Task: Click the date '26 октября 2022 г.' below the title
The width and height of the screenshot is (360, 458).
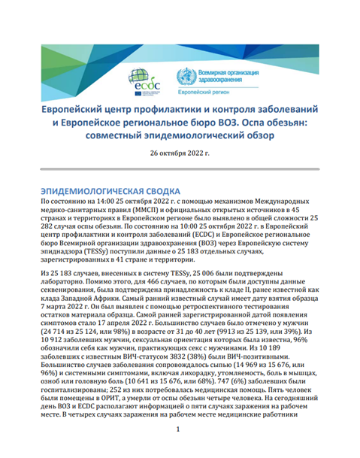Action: tap(180, 153)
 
